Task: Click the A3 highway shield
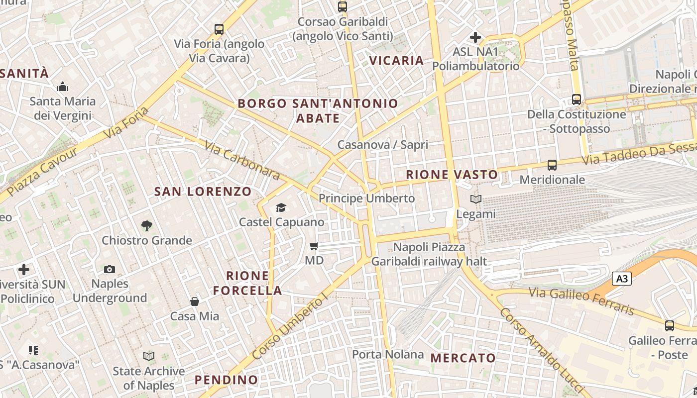(622, 279)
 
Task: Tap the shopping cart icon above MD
(314, 246)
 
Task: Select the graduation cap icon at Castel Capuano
(281, 207)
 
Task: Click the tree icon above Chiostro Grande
(146, 226)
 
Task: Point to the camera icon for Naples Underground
(110, 270)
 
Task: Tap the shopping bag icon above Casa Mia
(195, 301)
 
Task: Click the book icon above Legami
(476, 199)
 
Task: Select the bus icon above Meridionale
(552, 165)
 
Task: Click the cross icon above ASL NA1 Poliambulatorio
(475, 37)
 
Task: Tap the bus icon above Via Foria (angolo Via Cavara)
(219, 29)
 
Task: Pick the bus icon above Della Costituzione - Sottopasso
(576, 99)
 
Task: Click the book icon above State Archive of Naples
(148, 357)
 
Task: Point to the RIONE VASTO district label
(452, 175)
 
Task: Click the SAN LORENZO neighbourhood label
(203, 192)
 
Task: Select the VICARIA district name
(396, 61)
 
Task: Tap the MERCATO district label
(463, 358)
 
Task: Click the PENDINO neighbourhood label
(227, 380)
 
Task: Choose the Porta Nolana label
(388, 355)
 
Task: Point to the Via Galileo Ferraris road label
(581, 300)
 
